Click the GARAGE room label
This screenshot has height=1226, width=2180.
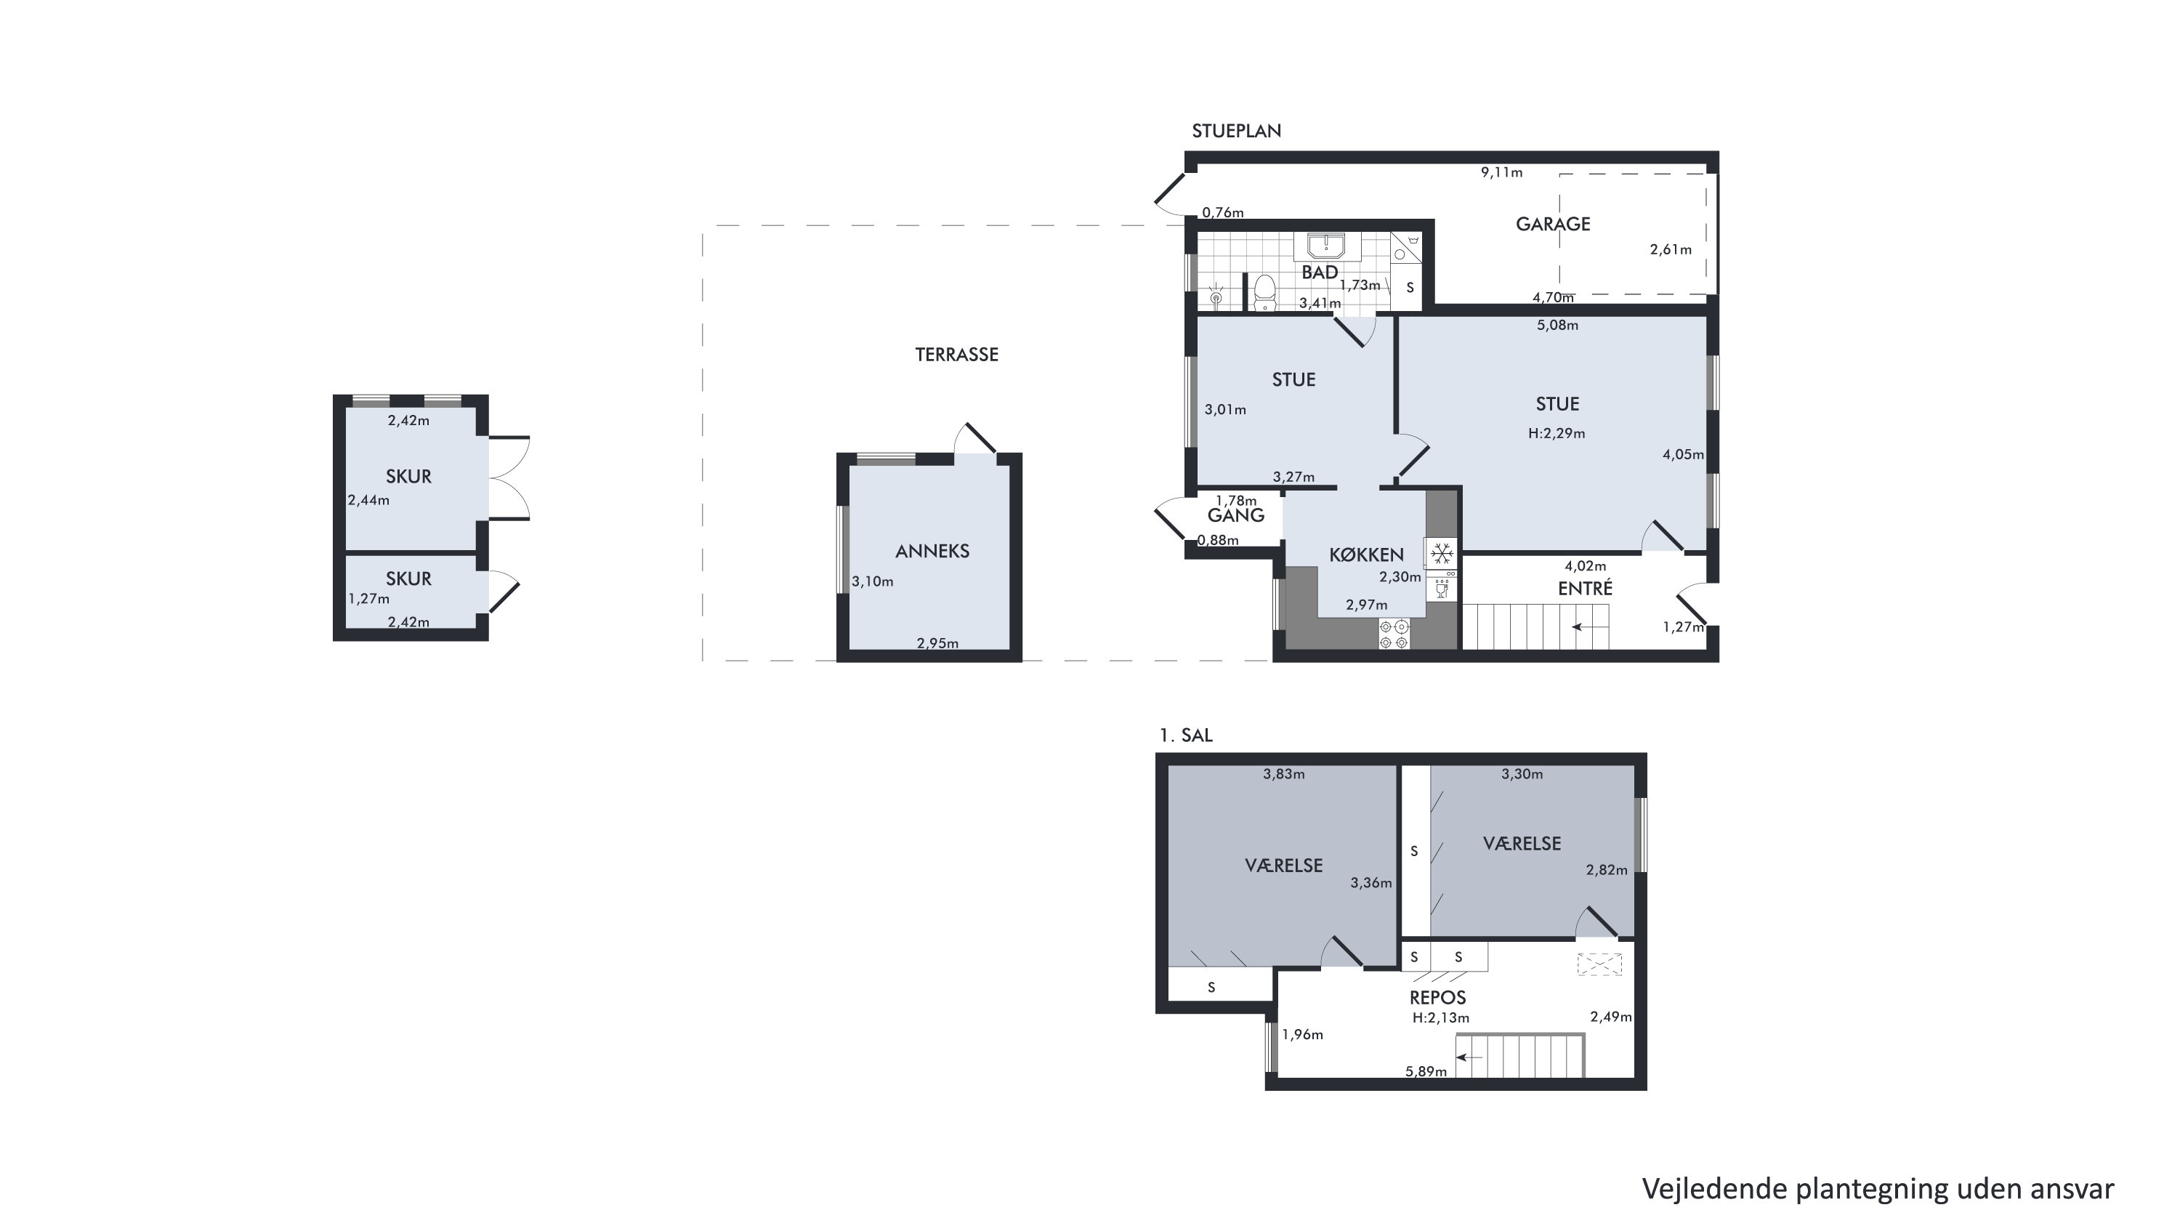coord(1552,225)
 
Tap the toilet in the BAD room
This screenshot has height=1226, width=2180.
coord(1264,293)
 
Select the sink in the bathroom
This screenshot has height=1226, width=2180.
coord(1326,246)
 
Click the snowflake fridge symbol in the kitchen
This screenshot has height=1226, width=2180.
coord(1442,554)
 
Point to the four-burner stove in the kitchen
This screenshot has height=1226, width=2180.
coord(1394,634)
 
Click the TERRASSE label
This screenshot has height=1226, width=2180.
coord(956,355)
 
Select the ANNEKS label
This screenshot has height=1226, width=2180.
coord(932,551)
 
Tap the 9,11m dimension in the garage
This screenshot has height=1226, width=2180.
coord(1501,173)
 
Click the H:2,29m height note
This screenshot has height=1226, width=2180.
coord(1557,433)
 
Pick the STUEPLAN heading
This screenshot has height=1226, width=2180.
coord(1236,131)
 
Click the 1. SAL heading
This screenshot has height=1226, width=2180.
coord(1186,735)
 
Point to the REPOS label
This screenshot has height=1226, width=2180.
coord(1437,999)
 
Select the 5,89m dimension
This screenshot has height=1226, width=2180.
coord(1426,1071)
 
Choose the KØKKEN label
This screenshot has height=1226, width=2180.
coord(1366,555)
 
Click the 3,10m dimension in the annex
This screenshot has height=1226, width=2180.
coord(872,581)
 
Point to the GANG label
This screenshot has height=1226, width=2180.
coord(1235,515)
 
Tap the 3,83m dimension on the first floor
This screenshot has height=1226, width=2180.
coord(1283,773)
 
